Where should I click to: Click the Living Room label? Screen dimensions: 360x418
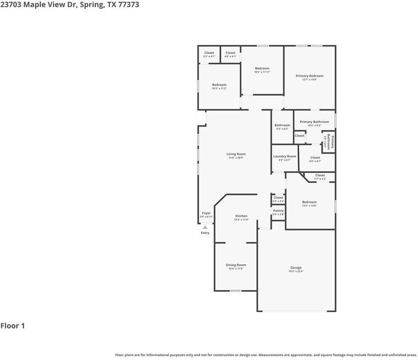coord(236,154)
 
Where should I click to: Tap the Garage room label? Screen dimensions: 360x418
coord(296,268)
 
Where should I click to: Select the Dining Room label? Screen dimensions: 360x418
coord(235,265)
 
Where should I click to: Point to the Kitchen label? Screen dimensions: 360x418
coord(241,216)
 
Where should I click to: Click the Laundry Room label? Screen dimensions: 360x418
coord(284,156)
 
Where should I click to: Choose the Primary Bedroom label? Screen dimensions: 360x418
coord(309,76)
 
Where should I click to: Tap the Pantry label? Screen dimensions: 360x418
coord(278,210)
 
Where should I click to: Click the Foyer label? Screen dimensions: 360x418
coord(206,213)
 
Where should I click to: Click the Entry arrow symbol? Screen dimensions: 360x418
coord(205,227)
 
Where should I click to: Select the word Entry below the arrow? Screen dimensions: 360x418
coord(205,233)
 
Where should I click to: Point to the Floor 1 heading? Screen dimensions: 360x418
coord(13,326)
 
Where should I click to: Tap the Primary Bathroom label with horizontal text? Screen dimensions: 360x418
coord(314,122)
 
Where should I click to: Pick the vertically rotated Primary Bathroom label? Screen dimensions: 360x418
coord(329,141)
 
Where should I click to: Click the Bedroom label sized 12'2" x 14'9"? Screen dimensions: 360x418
coord(309,202)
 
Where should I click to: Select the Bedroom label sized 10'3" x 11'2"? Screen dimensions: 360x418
coord(219,85)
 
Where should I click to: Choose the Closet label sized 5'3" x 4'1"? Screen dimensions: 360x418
coord(209,53)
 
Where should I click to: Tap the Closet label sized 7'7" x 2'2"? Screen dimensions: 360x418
coord(320,176)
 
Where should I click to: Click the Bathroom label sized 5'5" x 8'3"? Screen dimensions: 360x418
coord(282,125)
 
